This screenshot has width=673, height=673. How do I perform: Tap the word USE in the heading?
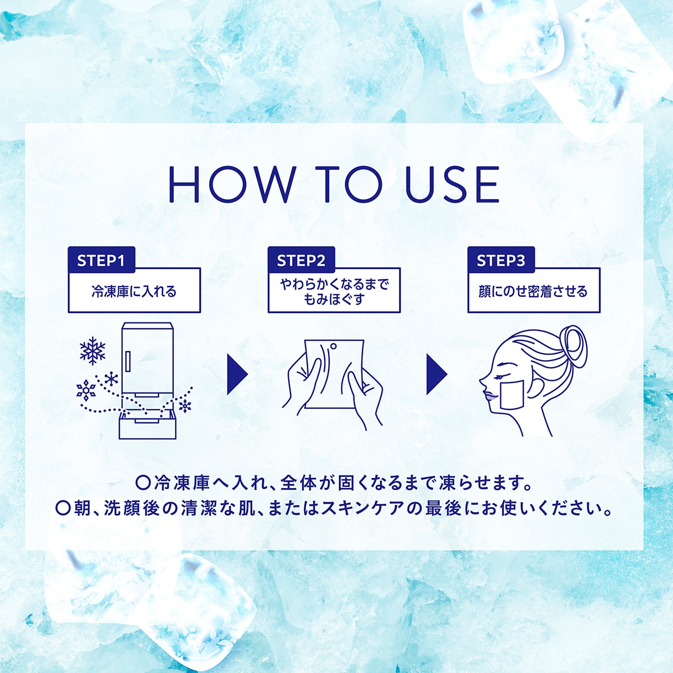point(452,184)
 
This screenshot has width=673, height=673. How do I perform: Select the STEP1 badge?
point(102,260)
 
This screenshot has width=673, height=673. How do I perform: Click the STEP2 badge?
point(301,260)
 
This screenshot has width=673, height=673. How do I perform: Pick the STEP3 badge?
point(501,260)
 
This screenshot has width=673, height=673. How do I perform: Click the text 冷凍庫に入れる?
point(134,291)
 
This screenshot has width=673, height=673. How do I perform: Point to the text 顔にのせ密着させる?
point(533,291)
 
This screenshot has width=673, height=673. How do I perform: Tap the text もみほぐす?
point(334,299)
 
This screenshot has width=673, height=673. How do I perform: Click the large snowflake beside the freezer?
point(93,351)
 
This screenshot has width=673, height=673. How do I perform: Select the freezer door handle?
point(127,361)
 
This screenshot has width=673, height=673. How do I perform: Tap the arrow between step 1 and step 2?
point(237,375)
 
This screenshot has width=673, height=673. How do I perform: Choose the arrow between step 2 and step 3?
point(436,375)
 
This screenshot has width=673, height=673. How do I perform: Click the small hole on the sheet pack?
point(333,347)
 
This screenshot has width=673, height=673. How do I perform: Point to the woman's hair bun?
point(573,347)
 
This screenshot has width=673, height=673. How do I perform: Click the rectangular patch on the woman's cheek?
point(511,395)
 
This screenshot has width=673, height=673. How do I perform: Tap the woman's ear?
point(535,388)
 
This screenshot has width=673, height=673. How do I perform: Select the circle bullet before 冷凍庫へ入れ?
point(142,483)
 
